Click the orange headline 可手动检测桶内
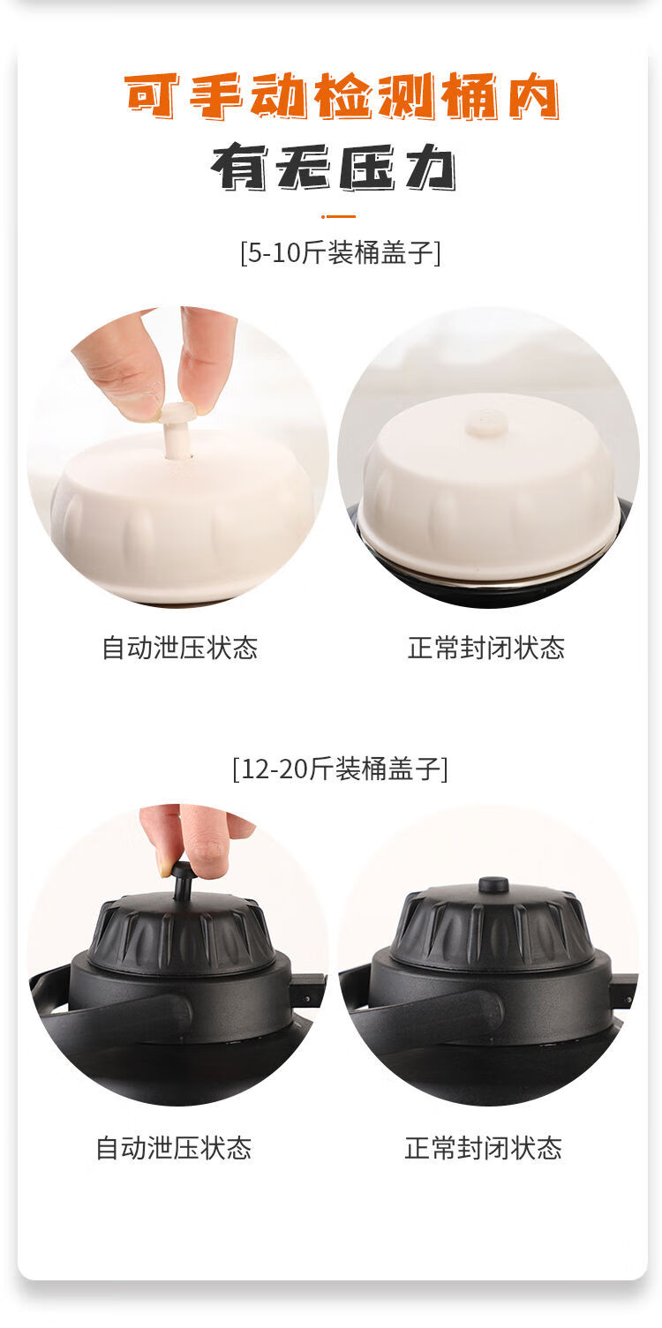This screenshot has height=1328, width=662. coord(342,96)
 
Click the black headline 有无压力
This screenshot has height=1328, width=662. coord(334,167)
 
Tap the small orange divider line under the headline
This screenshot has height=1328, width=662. coord(338,216)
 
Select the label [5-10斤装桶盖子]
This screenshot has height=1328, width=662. coord(341,253)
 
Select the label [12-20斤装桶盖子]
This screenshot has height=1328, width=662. coord(340,769)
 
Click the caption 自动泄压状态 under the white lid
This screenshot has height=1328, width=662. coord(180,648)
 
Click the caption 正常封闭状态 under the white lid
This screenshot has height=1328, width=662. coord(485,648)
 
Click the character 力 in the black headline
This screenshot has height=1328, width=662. coord(430,167)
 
